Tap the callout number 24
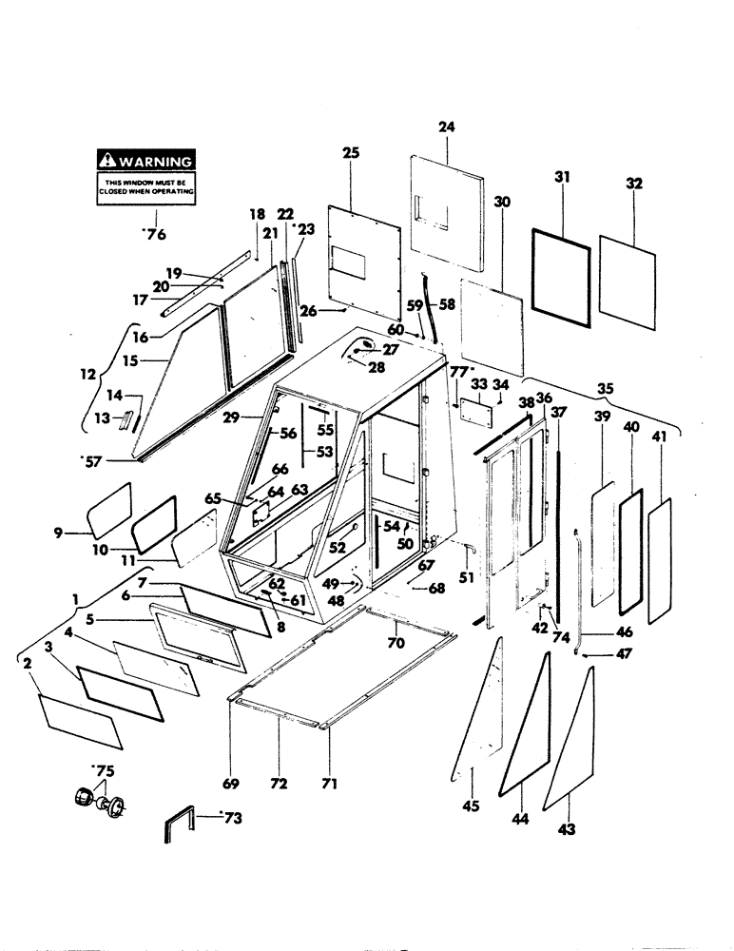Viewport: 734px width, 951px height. [x=448, y=126]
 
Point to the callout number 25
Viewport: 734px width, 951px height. [x=350, y=153]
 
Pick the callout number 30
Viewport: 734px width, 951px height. [x=503, y=202]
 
